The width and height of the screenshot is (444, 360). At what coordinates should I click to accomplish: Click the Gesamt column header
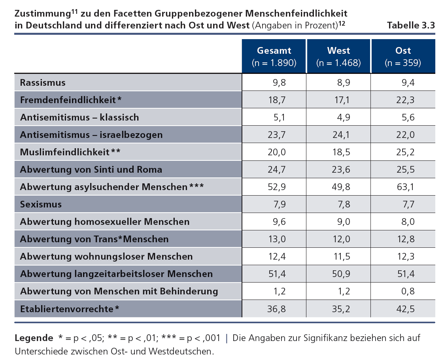pos(274,56)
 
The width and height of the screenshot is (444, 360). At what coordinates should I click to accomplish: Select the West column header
pos(338,56)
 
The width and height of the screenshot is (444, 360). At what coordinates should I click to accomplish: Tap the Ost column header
pos(403,56)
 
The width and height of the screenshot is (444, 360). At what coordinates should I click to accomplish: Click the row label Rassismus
pos(43,83)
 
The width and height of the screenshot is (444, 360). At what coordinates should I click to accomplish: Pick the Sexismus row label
pos(41,204)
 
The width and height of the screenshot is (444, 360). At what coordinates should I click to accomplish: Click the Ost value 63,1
pos(406,187)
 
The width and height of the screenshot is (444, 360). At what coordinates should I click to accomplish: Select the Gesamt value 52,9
pos(277,187)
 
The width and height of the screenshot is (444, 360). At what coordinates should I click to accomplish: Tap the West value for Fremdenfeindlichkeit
pos(342,100)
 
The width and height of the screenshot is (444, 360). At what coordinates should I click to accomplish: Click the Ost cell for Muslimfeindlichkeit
pos(406,152)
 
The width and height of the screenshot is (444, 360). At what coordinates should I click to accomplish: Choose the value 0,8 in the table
pos(407,291)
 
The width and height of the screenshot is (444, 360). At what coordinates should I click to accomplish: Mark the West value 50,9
pos(342,274)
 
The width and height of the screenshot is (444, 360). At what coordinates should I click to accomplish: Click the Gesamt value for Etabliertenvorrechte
pos(277,309)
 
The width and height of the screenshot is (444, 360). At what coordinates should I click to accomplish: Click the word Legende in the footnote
pos(34,338)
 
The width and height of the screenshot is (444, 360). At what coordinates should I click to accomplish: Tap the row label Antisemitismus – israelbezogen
pos(91,135)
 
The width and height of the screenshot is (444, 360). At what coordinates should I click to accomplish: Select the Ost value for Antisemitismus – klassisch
pos(407,117)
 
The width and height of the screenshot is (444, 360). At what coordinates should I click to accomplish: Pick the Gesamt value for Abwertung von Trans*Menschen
pos(277,239)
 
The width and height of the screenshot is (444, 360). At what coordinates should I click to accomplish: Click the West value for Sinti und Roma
pos(342,170)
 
